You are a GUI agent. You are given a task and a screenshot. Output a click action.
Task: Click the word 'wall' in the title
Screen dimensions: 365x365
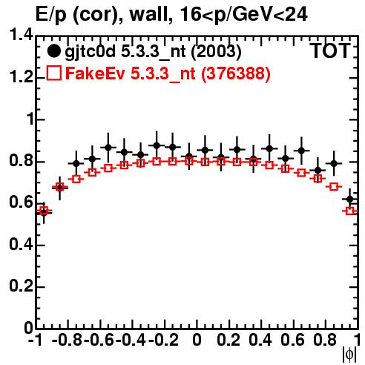pyautogui.click(x=151, y=14)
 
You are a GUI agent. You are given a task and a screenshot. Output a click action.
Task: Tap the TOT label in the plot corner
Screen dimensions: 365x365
pyautogui.click(x=331, y=50)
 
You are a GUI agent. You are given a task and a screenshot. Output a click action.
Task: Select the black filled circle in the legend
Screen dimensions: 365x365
pyautogui.click(x=53, y=51)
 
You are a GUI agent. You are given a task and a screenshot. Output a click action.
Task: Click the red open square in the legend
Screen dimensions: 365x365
pyautogui.click(x=54, y=73)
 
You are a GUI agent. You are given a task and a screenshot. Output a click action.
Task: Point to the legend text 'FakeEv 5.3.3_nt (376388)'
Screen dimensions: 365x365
pyautogui.click(x=168, y=73)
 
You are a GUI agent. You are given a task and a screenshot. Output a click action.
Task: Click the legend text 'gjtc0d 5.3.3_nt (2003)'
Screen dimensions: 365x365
pyautogui.click(x=154, y=52)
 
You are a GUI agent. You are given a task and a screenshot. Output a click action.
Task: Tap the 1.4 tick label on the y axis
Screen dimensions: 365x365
pyautogui.click(x=21, y=35)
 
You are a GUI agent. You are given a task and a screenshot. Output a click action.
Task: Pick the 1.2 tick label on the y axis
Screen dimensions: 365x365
pyautogui.click(x=21, y=77)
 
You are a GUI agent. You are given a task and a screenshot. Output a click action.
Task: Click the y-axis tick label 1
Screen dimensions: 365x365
pyautogui.click(x=30, y=119)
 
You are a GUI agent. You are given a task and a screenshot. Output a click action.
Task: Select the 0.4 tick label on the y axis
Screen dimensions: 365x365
pyautogui.click(x=21, y=244)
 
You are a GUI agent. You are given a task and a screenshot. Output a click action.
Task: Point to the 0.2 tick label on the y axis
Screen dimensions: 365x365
pyautogui.click(x=21, y=286)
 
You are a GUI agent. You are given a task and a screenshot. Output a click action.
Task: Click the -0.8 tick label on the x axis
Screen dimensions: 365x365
pyautogui.click(x=68, y=340)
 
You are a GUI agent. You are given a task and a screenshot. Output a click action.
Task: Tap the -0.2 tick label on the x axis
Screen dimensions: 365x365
pyautogui.click(x=163, y=340)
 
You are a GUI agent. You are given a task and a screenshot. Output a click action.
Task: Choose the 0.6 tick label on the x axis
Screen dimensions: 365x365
pyautogui.click(x=292, y=340)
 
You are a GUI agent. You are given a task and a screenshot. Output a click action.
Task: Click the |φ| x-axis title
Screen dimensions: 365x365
pyautogui.click(x=349, y=355)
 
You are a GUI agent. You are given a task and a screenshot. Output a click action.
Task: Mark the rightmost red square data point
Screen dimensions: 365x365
pyautogui.click(x=350, y=211)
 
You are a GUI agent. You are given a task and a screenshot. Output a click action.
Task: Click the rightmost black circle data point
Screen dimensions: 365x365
pyautogui.click(x=349, y=200)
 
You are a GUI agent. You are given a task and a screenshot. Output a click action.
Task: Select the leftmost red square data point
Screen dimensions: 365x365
pyautogui.click(x=44, y=211)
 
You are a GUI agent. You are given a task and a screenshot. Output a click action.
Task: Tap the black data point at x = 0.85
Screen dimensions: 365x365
pyautogui.click(x=334, y=163)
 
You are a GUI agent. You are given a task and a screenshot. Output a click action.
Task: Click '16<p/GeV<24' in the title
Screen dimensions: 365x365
pyautogui.click(x=243, y=14)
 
